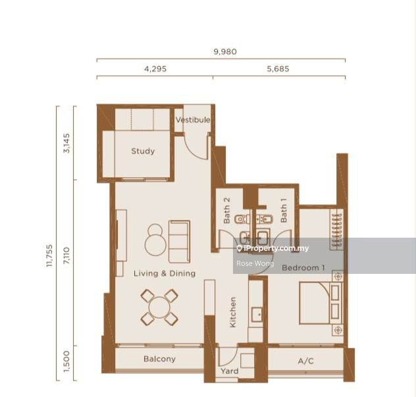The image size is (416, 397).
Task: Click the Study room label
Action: pos(143,151)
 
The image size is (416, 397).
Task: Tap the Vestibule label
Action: pos(193,120)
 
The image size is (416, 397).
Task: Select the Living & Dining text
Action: pos(165,273)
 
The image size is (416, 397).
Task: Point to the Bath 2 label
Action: pos(226,211)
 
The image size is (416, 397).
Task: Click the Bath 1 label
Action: pos(284,211)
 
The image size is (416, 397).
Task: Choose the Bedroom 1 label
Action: pos(303,268)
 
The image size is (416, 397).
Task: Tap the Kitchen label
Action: pos(232,312)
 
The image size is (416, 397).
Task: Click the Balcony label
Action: pos(159,359)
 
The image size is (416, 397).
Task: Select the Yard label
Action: pos(230,372)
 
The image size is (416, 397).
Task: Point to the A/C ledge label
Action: pos(305,361)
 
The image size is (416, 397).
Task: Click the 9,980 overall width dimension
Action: pos(225,51)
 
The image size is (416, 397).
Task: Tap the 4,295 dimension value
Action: pos(155,68)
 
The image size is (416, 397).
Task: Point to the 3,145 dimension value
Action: pos(66,142)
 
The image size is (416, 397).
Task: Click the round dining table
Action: pos(159,307)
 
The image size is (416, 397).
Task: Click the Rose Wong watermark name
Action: pos(250,263)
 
